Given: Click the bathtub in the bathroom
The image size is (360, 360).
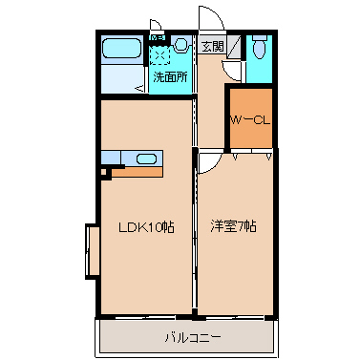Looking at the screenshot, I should (x=121, y=49).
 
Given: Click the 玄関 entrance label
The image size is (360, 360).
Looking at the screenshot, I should (x=211, y=45).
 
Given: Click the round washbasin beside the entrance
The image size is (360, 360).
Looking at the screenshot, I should (x=181, y=44).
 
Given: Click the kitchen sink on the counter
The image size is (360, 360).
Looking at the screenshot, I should (x=145, y=159).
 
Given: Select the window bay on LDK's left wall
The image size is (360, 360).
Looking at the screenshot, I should (x=92, y=250).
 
